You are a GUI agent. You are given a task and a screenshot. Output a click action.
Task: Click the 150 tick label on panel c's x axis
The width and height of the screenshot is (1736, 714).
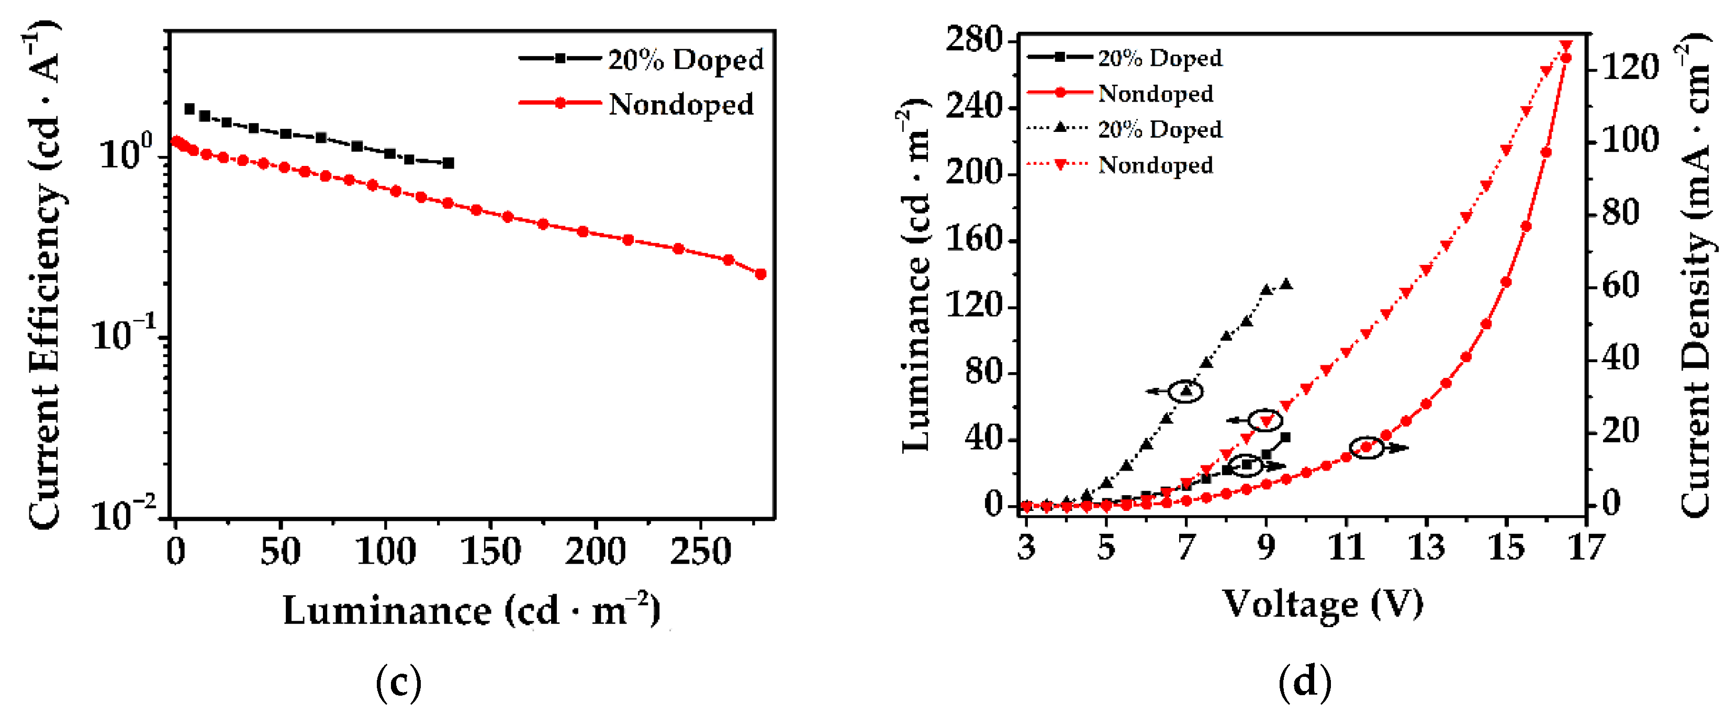click(x=490, y=552)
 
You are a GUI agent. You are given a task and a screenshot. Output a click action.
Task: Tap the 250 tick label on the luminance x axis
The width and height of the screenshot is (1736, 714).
click(x=700, y=552)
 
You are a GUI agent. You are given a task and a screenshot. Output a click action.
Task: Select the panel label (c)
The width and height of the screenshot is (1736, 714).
click(x=398, y=682)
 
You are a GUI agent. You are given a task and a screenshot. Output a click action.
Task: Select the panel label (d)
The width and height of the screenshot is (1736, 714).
click(x=1305, y=682)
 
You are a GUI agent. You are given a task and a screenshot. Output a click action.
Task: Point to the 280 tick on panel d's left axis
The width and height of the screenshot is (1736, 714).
click(x=974, y=40)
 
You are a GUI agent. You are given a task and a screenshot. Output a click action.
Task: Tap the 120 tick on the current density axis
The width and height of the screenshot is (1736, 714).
click(x=1630, y=68)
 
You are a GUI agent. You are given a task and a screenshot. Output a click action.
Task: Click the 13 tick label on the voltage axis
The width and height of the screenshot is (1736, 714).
click(x=1426, y=548)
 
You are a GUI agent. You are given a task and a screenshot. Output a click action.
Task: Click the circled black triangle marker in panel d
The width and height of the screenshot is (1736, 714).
click(x=1186, y=391)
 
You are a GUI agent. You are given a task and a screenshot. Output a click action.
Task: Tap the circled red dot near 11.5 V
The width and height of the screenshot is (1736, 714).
click(x=1367, y=447)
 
